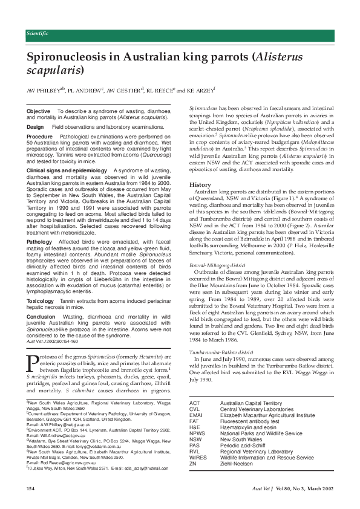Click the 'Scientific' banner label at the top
[x=38, y=33]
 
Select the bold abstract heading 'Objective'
[x=39, y=112]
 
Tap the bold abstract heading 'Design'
[x=35, y=127]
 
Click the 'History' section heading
[x=200, y=184]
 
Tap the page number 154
[x=31, y=488]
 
